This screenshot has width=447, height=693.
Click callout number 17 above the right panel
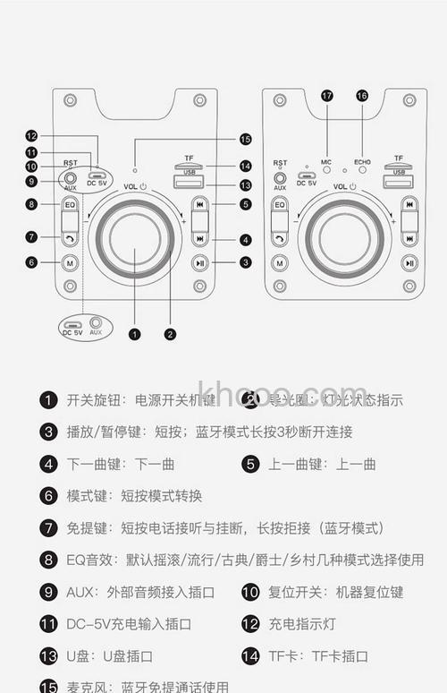[x=326, y=95]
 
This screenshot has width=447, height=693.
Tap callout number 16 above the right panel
[x=362, y=95]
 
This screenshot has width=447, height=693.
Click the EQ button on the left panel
[x=70, y=205]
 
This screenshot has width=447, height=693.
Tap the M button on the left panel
[x=70, y=262]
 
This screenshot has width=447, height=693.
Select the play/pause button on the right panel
[x=409, y=262]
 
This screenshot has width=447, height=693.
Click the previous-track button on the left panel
[x=199, y=205]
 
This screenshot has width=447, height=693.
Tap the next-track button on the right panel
[x=409, y=238]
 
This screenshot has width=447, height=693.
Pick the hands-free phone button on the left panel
[x=70, y=238]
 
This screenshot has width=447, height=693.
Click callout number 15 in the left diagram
[x=245, y=139]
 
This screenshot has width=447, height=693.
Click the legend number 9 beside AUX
[x=48, y=592]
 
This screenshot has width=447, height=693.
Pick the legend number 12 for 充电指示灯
[x=250, y=624]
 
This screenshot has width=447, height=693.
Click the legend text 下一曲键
[x=92, y=464]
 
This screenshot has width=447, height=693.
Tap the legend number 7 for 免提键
[x=48, y=528]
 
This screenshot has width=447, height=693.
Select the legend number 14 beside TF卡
[x=250, y=656]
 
